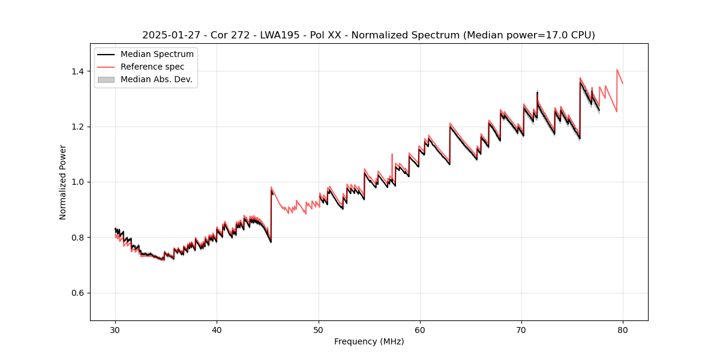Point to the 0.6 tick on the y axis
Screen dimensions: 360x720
(78, 293)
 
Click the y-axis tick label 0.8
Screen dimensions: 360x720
(78, 238)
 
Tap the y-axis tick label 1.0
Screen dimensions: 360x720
(78, 182)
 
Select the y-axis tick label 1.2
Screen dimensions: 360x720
(78, 127)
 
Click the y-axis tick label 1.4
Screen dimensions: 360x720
(78, 71)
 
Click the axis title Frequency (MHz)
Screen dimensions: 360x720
(369, 341)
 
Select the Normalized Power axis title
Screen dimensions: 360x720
(63, 182)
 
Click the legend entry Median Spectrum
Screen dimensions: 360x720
(157, 55)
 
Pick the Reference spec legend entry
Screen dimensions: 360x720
(152, 67)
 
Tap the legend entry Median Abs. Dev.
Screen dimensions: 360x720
(156, 79)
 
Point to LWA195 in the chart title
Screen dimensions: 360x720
(281, 35)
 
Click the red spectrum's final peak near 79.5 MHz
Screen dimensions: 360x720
(617, 70)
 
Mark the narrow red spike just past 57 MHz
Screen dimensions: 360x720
(392, 154)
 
